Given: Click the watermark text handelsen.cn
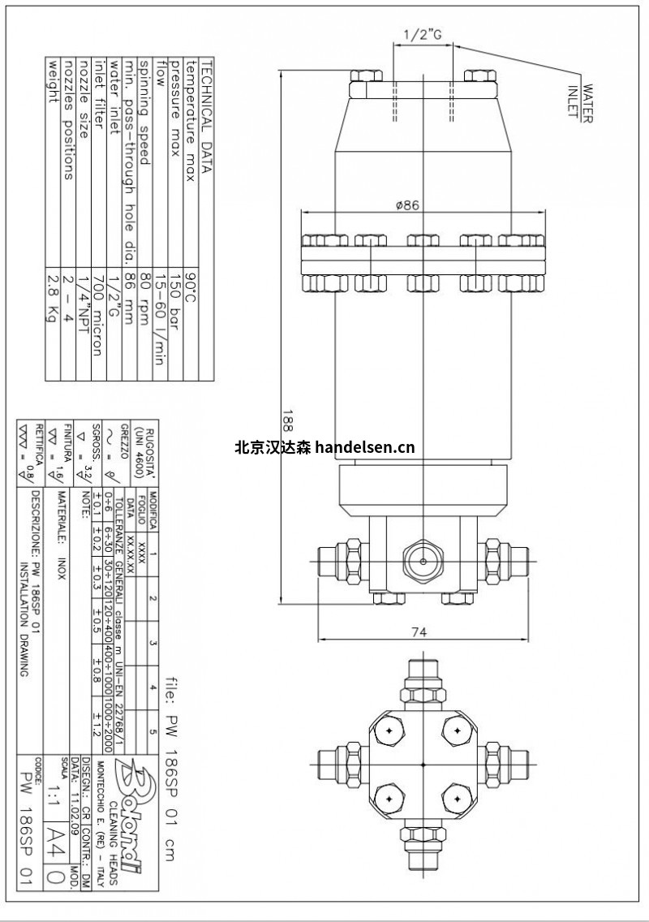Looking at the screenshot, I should pyautogui.click(x=363, y=446).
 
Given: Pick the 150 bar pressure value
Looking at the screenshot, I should pyautogui.click(x=177, y=299).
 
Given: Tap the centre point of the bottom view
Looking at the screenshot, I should pyautogui.click(x=424, y=765).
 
